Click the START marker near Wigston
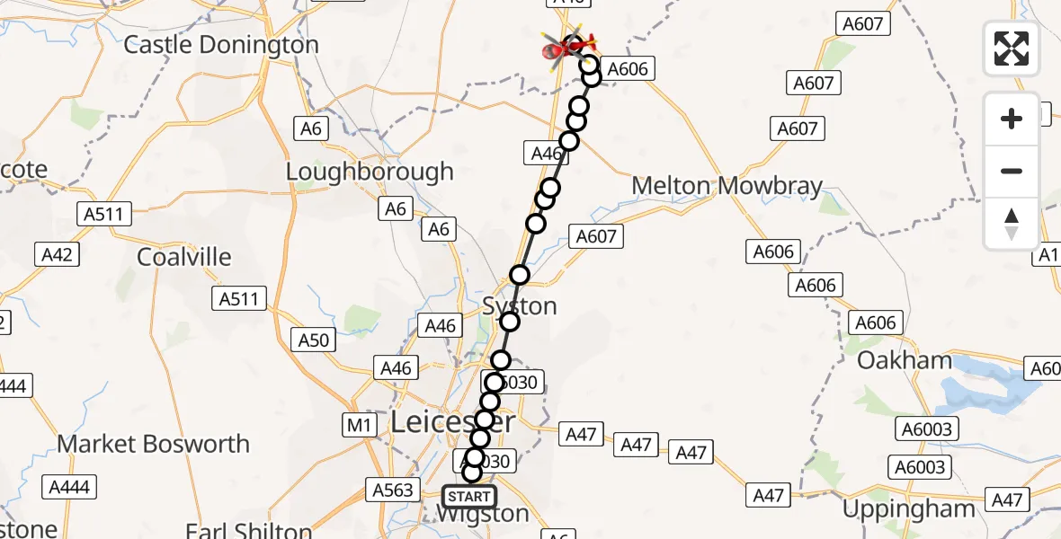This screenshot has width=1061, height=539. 469,496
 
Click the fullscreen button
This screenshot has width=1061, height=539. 1012,49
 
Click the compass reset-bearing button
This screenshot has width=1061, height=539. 1012,224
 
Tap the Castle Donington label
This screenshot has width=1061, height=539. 220,45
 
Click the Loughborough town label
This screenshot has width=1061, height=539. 370,172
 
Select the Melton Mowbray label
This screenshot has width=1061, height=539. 727,186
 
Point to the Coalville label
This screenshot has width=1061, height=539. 183,257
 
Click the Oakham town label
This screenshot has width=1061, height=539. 904,361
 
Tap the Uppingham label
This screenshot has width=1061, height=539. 908,509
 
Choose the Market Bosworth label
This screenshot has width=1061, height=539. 153,444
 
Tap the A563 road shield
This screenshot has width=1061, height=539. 393,490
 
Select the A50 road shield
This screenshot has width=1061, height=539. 315,340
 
